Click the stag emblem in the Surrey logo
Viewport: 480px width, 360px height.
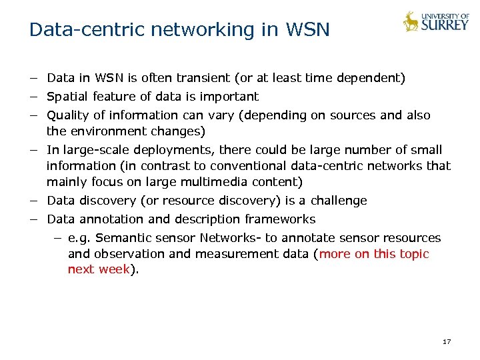click(411, 21)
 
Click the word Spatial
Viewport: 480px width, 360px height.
click(68, 97)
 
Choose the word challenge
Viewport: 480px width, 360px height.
click(337, 201)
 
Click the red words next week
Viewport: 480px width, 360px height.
click(98, 270)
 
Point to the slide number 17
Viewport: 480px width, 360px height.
click(447, 342)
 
